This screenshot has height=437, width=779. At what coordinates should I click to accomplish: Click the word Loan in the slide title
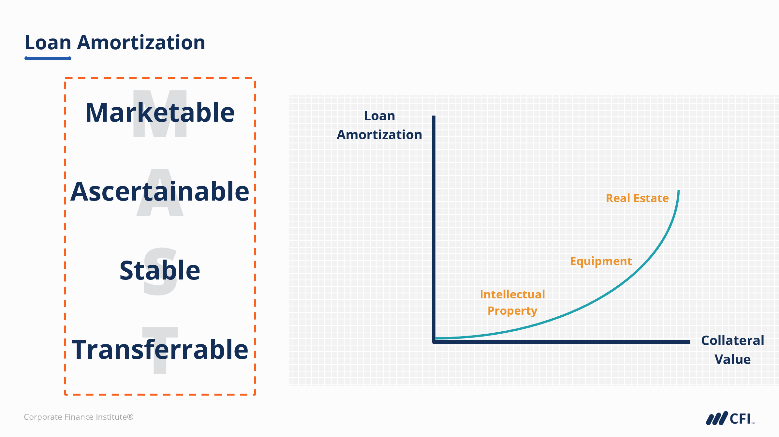click(x=48, y=43)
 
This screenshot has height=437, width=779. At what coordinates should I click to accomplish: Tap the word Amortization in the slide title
click(x=141, y=43)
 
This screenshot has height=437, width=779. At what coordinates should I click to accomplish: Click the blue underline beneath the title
click(x=48, y=58)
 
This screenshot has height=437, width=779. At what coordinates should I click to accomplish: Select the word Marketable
click(x=160, y=112)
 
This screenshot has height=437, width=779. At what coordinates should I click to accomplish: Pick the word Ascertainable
click(x=160, y=191)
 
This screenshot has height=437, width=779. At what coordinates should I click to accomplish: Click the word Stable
click(x=160, y=270)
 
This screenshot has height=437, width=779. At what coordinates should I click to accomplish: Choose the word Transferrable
click(x=160, y=349)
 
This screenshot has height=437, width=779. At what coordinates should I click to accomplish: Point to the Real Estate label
click(x=637, y=198)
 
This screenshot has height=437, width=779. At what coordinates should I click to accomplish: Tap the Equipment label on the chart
click(x=601, y=262)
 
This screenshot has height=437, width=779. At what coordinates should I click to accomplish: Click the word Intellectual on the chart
click(x=512, y=294)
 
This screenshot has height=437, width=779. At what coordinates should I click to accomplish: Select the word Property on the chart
click(x=512, y=311)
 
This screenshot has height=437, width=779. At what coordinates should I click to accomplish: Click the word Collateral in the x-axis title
click(x=732, y=340)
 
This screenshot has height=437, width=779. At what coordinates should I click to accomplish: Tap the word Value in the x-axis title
click(x=732, y=359)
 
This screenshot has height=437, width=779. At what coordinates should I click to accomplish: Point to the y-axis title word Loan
click(x=379, y=116)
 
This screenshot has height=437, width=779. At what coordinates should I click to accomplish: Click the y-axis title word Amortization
click(x=379, y=135)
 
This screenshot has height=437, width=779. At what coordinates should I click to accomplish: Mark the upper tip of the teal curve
click(x=679, y=191)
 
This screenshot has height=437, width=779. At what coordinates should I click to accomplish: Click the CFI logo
click(x=730, y=418)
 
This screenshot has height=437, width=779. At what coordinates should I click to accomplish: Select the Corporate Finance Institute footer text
click(x=79, y=417)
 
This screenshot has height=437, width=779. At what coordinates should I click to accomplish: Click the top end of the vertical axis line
click(x=434, y=116)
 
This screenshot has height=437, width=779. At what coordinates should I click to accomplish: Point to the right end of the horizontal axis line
click(x=690, y=342)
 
